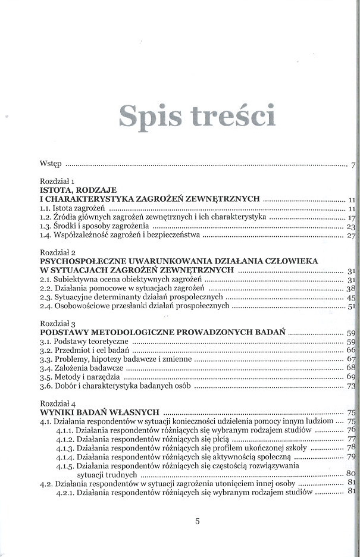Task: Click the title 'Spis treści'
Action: pyautogui.click(x=197, y=116)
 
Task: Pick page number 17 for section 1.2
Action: pyautogui.click(x=351, y=218)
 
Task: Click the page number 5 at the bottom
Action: pyautogui.click(x=198, y=522)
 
